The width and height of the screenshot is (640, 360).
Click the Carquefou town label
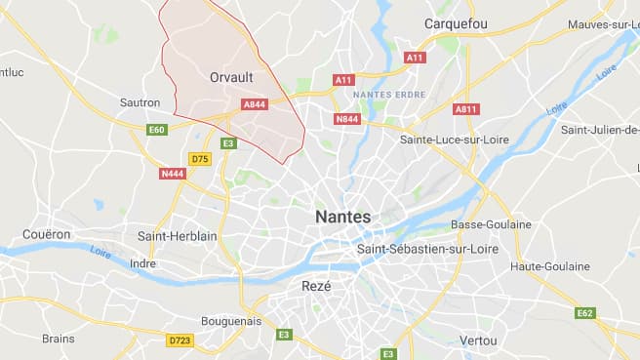pyautogui.click(x=455, y=23)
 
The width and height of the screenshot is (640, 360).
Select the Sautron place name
pyautogui.click(x=140, y=101)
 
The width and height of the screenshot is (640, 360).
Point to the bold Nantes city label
pyautogui.click(x=342, y=217)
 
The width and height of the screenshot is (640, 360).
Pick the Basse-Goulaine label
pyautogui.click(x=492, y=224)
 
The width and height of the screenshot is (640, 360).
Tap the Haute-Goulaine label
pyautogui.click(x=550, y=266)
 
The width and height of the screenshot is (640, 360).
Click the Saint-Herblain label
pyautogui.click(x=178, y=235)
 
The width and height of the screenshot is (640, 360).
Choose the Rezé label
pyautogui.click(x=317, y=286)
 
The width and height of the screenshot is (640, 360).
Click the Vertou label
pyautogui.click(x=477, y=340)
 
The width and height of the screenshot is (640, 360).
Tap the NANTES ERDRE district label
pyautogui.click(x=382, y=94)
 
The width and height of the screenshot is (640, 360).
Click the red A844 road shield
pyautogui.click(x=254, y=103)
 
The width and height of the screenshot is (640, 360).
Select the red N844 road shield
pyautogui.click(x=346, y=119)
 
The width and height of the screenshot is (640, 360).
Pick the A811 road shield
pyautogui.click(x=466, y=108)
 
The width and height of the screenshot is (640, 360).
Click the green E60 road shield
pyautogui.click(x=156, y=129)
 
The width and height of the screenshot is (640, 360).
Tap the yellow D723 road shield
pyautogui.click(x=180, y=340)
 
